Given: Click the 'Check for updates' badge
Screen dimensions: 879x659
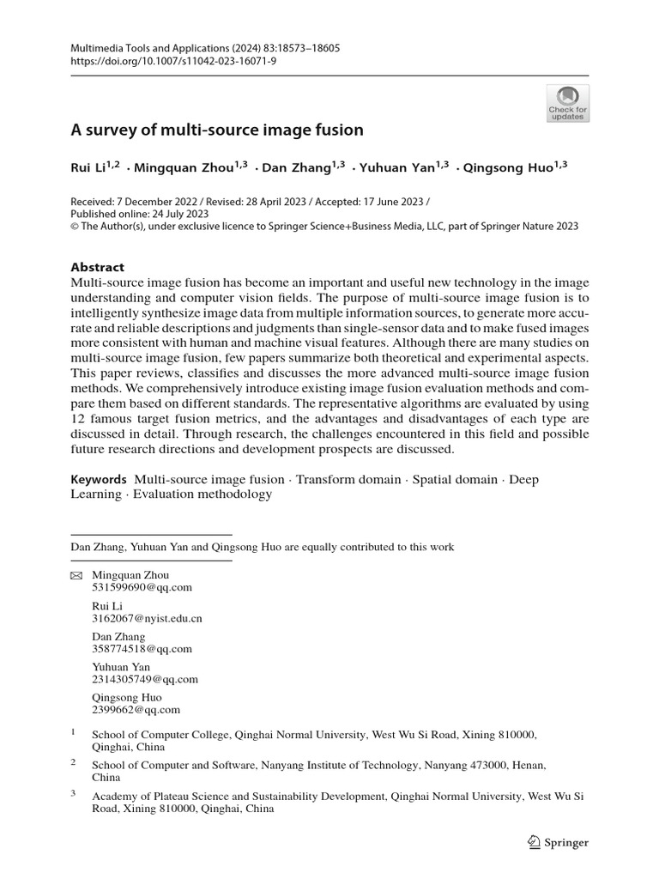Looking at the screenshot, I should pos(567,103).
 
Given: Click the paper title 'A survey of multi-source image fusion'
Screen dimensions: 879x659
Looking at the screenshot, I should pos(216,130).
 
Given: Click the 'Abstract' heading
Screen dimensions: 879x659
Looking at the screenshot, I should pos(97,267).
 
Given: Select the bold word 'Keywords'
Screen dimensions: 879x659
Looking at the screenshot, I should pos(99,479).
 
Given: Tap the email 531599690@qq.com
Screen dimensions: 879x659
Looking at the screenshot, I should pos(142,587).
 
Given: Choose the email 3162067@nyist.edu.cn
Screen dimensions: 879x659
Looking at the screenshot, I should pos(147,618).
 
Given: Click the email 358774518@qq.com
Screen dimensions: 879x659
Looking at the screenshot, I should pos(142,649).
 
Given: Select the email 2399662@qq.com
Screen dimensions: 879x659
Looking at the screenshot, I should pos(136,710).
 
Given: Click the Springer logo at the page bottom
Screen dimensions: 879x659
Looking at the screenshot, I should pos(558,842).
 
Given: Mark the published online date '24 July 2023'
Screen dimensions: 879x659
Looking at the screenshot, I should pos(180,213).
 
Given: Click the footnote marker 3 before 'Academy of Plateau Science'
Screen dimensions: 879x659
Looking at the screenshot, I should pos(74,794).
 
